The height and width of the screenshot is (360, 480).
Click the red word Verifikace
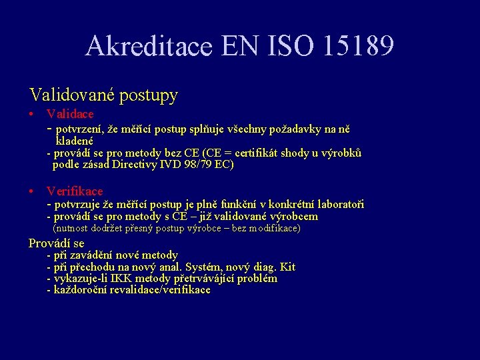tap(75, 191)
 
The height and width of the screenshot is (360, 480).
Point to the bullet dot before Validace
tap(31, 115)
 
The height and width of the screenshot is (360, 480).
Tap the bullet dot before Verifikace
tap(31, 192)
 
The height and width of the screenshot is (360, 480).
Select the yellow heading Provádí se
tap(57, 243)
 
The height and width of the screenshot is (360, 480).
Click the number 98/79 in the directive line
tap(193, 165)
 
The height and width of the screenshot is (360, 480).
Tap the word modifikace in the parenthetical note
tap(273, 229)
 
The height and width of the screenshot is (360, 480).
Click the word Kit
tap(287, 267)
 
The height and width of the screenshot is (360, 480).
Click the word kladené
tap(73, 141)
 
